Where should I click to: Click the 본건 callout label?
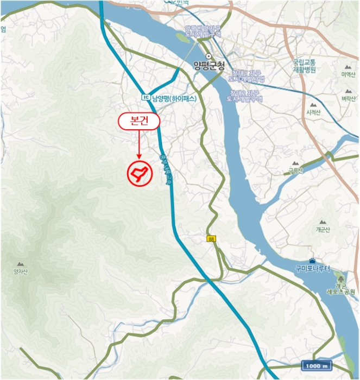tap(139, 121)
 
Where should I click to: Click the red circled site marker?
tap(138, 173)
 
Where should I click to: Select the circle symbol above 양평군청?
tap(208, 56)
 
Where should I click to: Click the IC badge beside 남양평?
tap(144, 97)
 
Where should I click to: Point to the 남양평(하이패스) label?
tap(174, 98)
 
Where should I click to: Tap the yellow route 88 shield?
tap(211, 239)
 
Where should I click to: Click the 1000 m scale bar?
tap(317, 366)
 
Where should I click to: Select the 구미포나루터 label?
tap(313, 268)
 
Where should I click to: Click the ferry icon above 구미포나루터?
tap(312, 261)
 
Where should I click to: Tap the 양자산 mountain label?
tap(21, 268)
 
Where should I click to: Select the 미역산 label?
tap(347, 74)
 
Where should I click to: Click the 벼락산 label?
tap(348, 98)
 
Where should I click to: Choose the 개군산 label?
tap(323, 230)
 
